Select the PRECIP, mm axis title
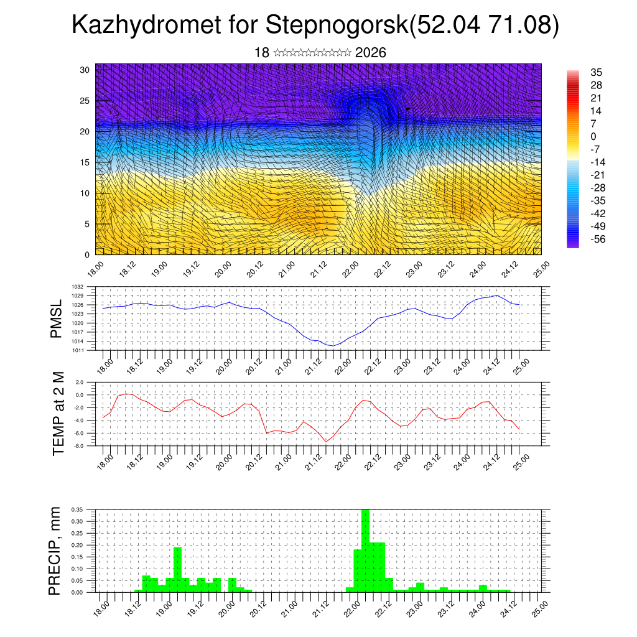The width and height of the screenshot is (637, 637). click(56, 550)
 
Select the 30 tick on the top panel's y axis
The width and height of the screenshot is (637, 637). click(85, 70)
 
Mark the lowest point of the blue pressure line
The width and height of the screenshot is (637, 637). click(333, 346)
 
